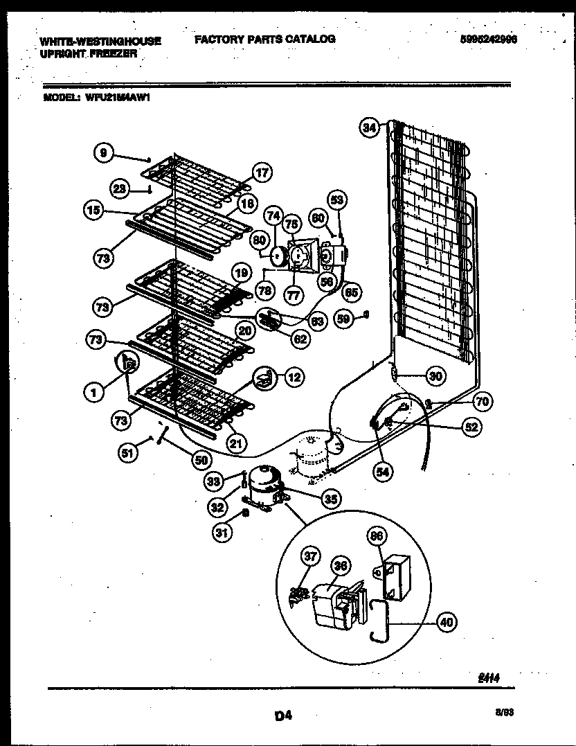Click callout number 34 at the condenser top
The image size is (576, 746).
370,127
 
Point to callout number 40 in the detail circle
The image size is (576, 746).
447,623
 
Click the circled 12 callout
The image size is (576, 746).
294,378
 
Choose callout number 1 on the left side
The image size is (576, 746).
93,392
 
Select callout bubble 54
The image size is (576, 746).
381,472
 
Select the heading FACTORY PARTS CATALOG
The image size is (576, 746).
264,39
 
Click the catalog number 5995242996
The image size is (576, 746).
488,39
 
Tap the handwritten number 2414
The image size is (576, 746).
488,680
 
